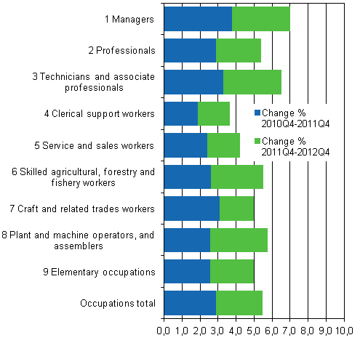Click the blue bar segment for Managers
(x=198, y=19)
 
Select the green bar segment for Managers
(x=261, y=19)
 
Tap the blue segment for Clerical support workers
(x=181, y=114)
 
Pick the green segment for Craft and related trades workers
(x=236, y=209)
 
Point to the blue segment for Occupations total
(x=190, y=303)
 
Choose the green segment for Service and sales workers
(x=223, y=145)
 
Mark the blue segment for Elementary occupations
(x=187, y=272)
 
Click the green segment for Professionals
(x=239, y=51)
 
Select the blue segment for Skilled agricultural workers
(x=188, y=177)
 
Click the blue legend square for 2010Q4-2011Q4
(x=257, y=113)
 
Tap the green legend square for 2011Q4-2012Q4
(x=257, y=140)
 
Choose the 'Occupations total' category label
(x=118, y=303)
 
